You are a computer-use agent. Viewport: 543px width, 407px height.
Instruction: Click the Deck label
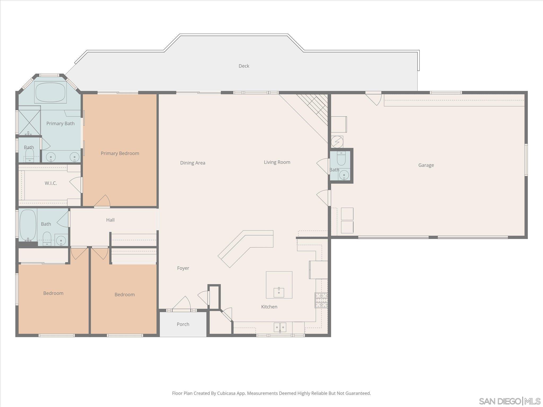pos(244,66)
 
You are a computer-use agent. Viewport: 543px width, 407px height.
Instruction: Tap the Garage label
pos(426,165)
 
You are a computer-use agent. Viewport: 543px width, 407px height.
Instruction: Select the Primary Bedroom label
pos(120,153)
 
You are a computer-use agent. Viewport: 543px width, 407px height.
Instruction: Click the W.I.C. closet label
pos(51,183)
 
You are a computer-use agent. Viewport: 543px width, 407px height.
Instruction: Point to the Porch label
pos(183,324)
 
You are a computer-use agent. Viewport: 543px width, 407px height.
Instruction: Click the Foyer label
pos(183,268)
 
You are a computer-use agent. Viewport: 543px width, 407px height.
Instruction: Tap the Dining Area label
pos(192,163)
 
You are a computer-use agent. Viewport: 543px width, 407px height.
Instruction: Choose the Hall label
pos(110,220)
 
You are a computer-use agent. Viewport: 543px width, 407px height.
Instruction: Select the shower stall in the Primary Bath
pos(29,121)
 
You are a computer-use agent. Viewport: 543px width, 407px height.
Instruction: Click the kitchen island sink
pos(279,293)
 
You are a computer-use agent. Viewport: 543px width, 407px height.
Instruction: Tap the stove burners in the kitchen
pos(321,300)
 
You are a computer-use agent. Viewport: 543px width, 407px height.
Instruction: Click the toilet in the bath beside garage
pos(341,159)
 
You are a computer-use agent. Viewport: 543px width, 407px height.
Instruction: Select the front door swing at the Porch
pos(182,303)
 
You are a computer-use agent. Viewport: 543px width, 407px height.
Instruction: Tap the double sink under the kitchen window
pos(280,328)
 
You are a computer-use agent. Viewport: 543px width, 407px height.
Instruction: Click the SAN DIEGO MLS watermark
pos(509,401)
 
